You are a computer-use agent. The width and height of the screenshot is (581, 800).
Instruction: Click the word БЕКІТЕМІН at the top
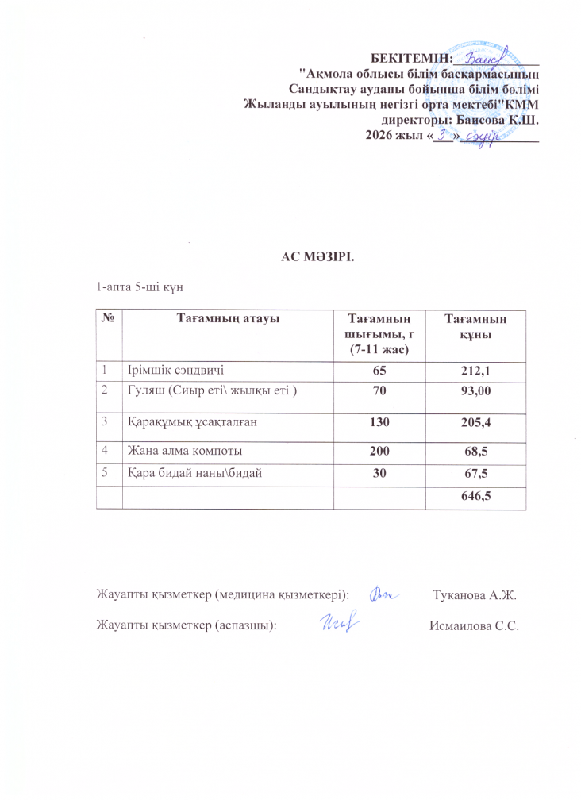click(x=410, y=57)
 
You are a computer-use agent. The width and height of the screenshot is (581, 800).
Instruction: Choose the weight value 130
click(x=377, y=423)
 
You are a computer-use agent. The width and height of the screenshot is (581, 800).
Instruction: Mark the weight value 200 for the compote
click(x=377, y=451)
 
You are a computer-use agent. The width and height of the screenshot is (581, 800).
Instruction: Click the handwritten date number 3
click(x=444, y=134)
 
